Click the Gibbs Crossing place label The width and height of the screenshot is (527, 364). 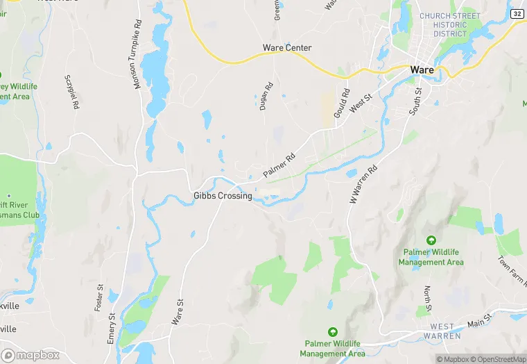click(x=222, y=196)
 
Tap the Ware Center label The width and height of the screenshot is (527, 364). click(x=286, y=48)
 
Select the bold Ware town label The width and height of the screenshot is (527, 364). click(x=422, y=70)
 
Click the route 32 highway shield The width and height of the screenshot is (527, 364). click(x=517, y=14)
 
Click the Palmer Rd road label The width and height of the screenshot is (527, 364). click(x=279, y=164)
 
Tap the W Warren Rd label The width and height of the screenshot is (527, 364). click(x=362, y=183)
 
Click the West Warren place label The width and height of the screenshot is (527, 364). click(x=442, y=331)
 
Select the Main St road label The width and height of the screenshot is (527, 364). click(x=478, y=320)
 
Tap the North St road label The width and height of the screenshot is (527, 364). click(x=427, y=299)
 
